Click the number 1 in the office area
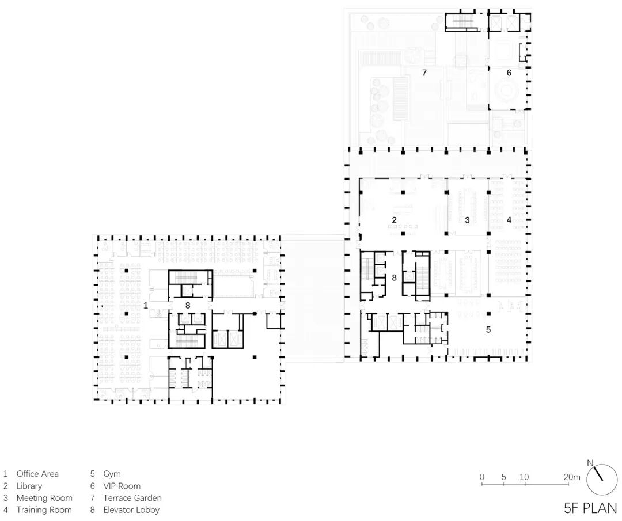146,305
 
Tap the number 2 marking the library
395,220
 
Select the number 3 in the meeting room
467,220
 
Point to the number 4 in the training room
509,220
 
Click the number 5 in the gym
488,330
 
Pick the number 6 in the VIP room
509,73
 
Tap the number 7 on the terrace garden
424,73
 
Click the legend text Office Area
37,474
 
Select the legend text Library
29,486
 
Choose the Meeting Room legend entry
44,498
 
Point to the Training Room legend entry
44,510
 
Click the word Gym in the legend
112,474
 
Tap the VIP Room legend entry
122,486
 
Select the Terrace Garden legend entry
132,498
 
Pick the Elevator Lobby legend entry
131,510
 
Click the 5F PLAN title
590,508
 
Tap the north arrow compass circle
602,479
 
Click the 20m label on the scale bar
572,477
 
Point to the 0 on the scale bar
482,477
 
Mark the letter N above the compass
590,463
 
